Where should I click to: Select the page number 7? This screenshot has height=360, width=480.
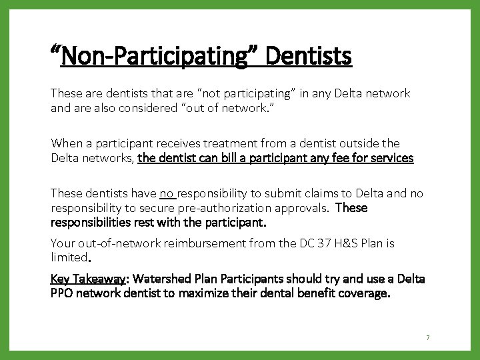(x=428, y=338)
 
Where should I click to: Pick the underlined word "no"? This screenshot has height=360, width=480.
(x=167, y=193)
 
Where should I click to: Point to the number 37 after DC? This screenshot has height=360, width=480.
(x=327, y=243)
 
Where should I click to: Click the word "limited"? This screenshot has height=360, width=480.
(x=69, y=257)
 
